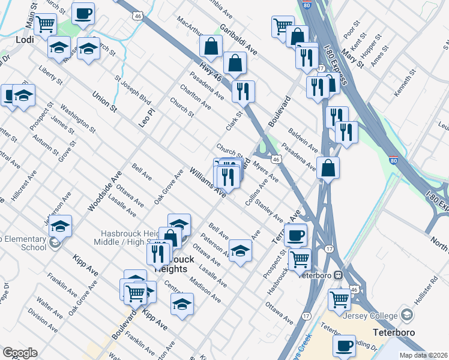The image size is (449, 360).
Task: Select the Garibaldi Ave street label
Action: pos(238,41)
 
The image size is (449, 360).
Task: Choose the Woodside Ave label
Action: pos(104,190)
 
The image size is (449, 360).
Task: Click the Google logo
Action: pos(20,353)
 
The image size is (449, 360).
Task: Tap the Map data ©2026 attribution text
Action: pos(424,355)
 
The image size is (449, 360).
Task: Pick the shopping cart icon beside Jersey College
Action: pos(340,298)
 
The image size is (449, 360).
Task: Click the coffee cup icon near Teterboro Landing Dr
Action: pos(345,346)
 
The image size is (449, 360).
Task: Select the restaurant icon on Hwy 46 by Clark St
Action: pos(243,91)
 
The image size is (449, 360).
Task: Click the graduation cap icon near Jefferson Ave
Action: pos(60,226)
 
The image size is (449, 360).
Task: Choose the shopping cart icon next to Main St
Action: pos(46,25)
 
